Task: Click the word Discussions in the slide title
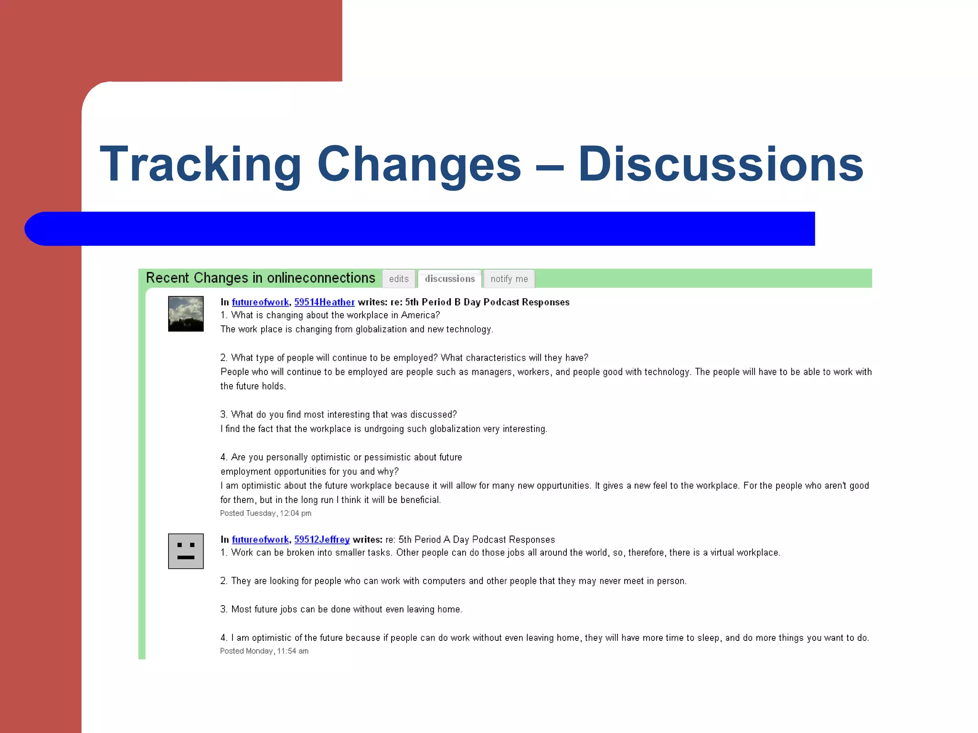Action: (720, 165)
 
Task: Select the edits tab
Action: (399, 279)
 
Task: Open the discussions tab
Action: (450, 279)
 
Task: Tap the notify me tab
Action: (509, 279)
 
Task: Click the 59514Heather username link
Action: (324, 302)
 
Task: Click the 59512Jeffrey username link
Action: (322, 539)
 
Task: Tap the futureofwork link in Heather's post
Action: (260, 302)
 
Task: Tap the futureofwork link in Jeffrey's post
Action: (260, 539)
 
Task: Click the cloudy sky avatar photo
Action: (186, 314)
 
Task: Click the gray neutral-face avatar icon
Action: (186, 551)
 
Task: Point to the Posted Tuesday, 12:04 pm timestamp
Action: (266, 513)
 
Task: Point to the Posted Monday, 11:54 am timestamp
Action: (264, 651)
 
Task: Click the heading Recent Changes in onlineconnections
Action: (260, 278)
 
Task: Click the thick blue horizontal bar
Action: (420, 229)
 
